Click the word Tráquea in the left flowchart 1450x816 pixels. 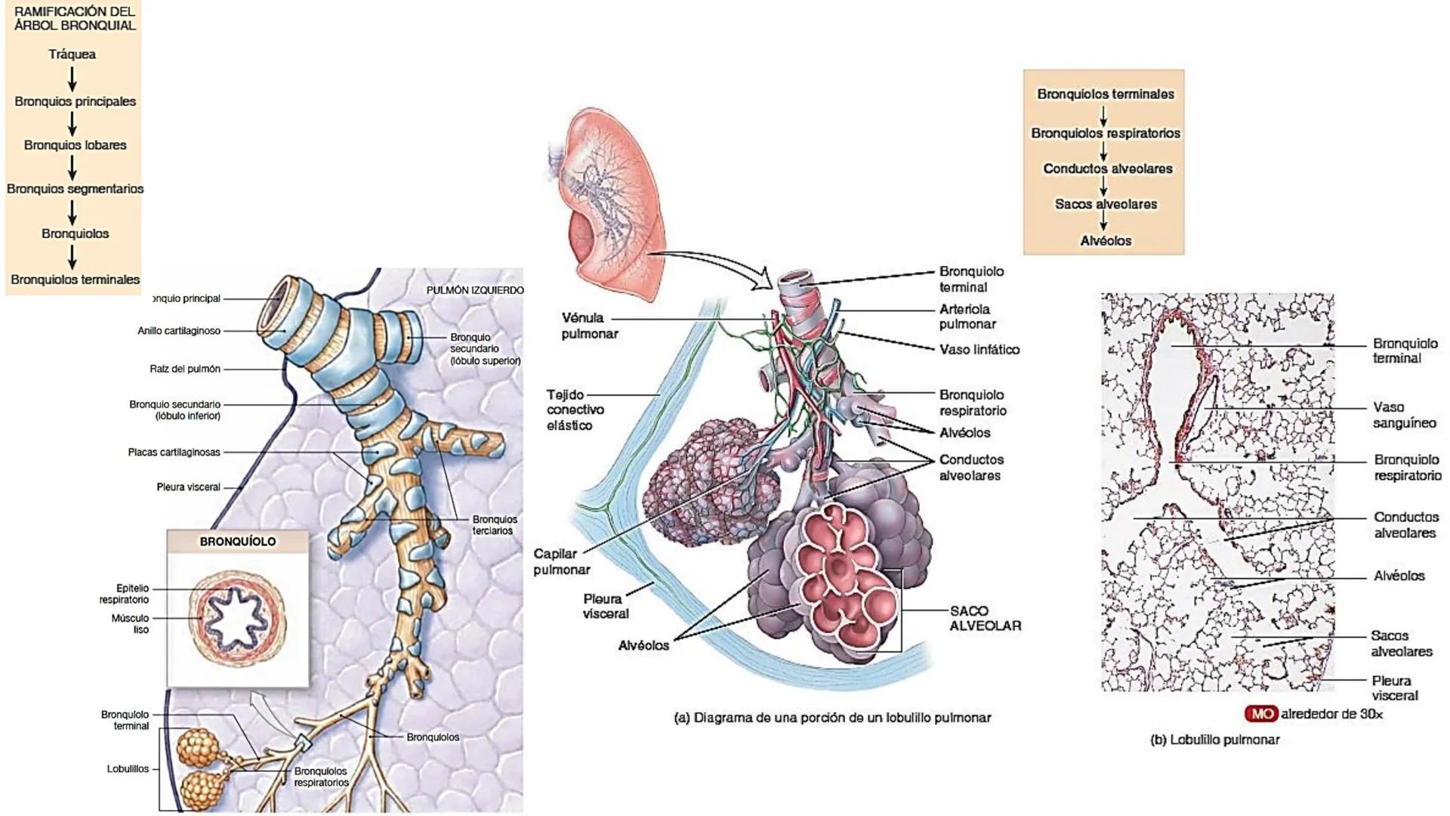72,54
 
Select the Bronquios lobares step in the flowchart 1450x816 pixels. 75,145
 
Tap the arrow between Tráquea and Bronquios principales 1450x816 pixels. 72,78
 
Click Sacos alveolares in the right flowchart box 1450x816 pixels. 1106,204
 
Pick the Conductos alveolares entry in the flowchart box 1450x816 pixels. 1107,168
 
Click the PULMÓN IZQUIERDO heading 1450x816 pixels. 474,290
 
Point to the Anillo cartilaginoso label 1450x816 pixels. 179,331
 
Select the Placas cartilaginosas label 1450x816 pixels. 174,453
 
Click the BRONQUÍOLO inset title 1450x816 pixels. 237,542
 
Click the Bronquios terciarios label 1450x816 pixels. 495,525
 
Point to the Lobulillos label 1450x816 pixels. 128,769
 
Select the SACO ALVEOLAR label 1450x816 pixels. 985,618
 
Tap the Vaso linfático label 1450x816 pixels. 979,350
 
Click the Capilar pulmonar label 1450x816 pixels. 561,562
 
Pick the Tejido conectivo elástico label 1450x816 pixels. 575,410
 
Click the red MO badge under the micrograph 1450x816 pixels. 1260,714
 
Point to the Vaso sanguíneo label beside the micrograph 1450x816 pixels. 1404,416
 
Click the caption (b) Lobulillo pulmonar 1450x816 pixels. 1214,740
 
